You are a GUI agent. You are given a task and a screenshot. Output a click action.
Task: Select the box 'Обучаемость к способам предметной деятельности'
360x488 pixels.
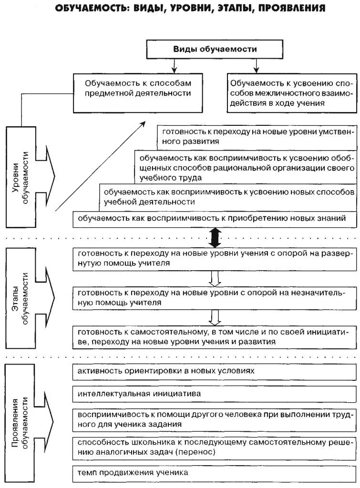138,88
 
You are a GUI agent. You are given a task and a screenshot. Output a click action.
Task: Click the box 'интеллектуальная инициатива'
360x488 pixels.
215,394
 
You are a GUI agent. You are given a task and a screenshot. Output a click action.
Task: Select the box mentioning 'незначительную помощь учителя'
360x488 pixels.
215,297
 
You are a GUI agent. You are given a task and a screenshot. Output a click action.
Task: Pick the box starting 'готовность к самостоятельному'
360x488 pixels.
215,336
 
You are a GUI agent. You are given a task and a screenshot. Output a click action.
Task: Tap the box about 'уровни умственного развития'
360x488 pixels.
257,136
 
